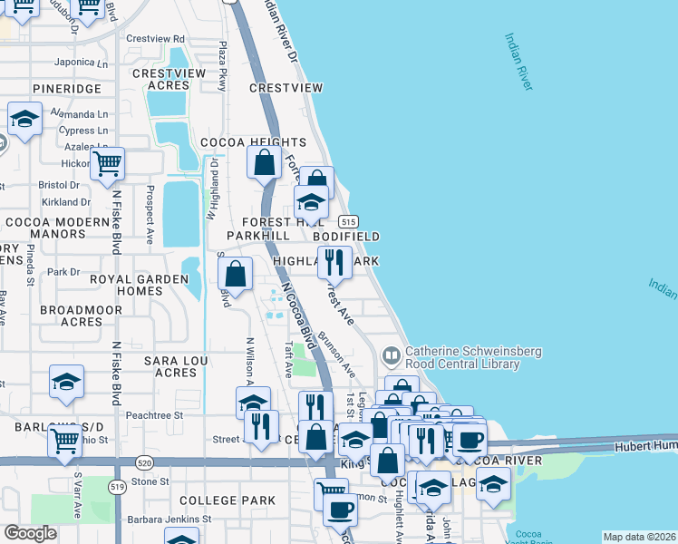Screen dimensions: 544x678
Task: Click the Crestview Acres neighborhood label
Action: point(161,79)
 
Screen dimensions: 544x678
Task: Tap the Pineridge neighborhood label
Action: point(66,89)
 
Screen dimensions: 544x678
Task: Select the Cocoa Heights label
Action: point(253,142)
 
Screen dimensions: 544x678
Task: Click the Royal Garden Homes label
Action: point(126,286)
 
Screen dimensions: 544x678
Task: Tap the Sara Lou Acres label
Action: point(176,366)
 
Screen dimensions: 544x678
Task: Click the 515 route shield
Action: point(349,221)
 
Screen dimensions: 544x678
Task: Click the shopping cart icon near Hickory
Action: point(108,164)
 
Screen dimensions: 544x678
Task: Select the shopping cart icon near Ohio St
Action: point(65,441)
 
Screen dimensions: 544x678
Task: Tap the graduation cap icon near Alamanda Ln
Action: point(24,119)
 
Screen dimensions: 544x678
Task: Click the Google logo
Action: point(30,533)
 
